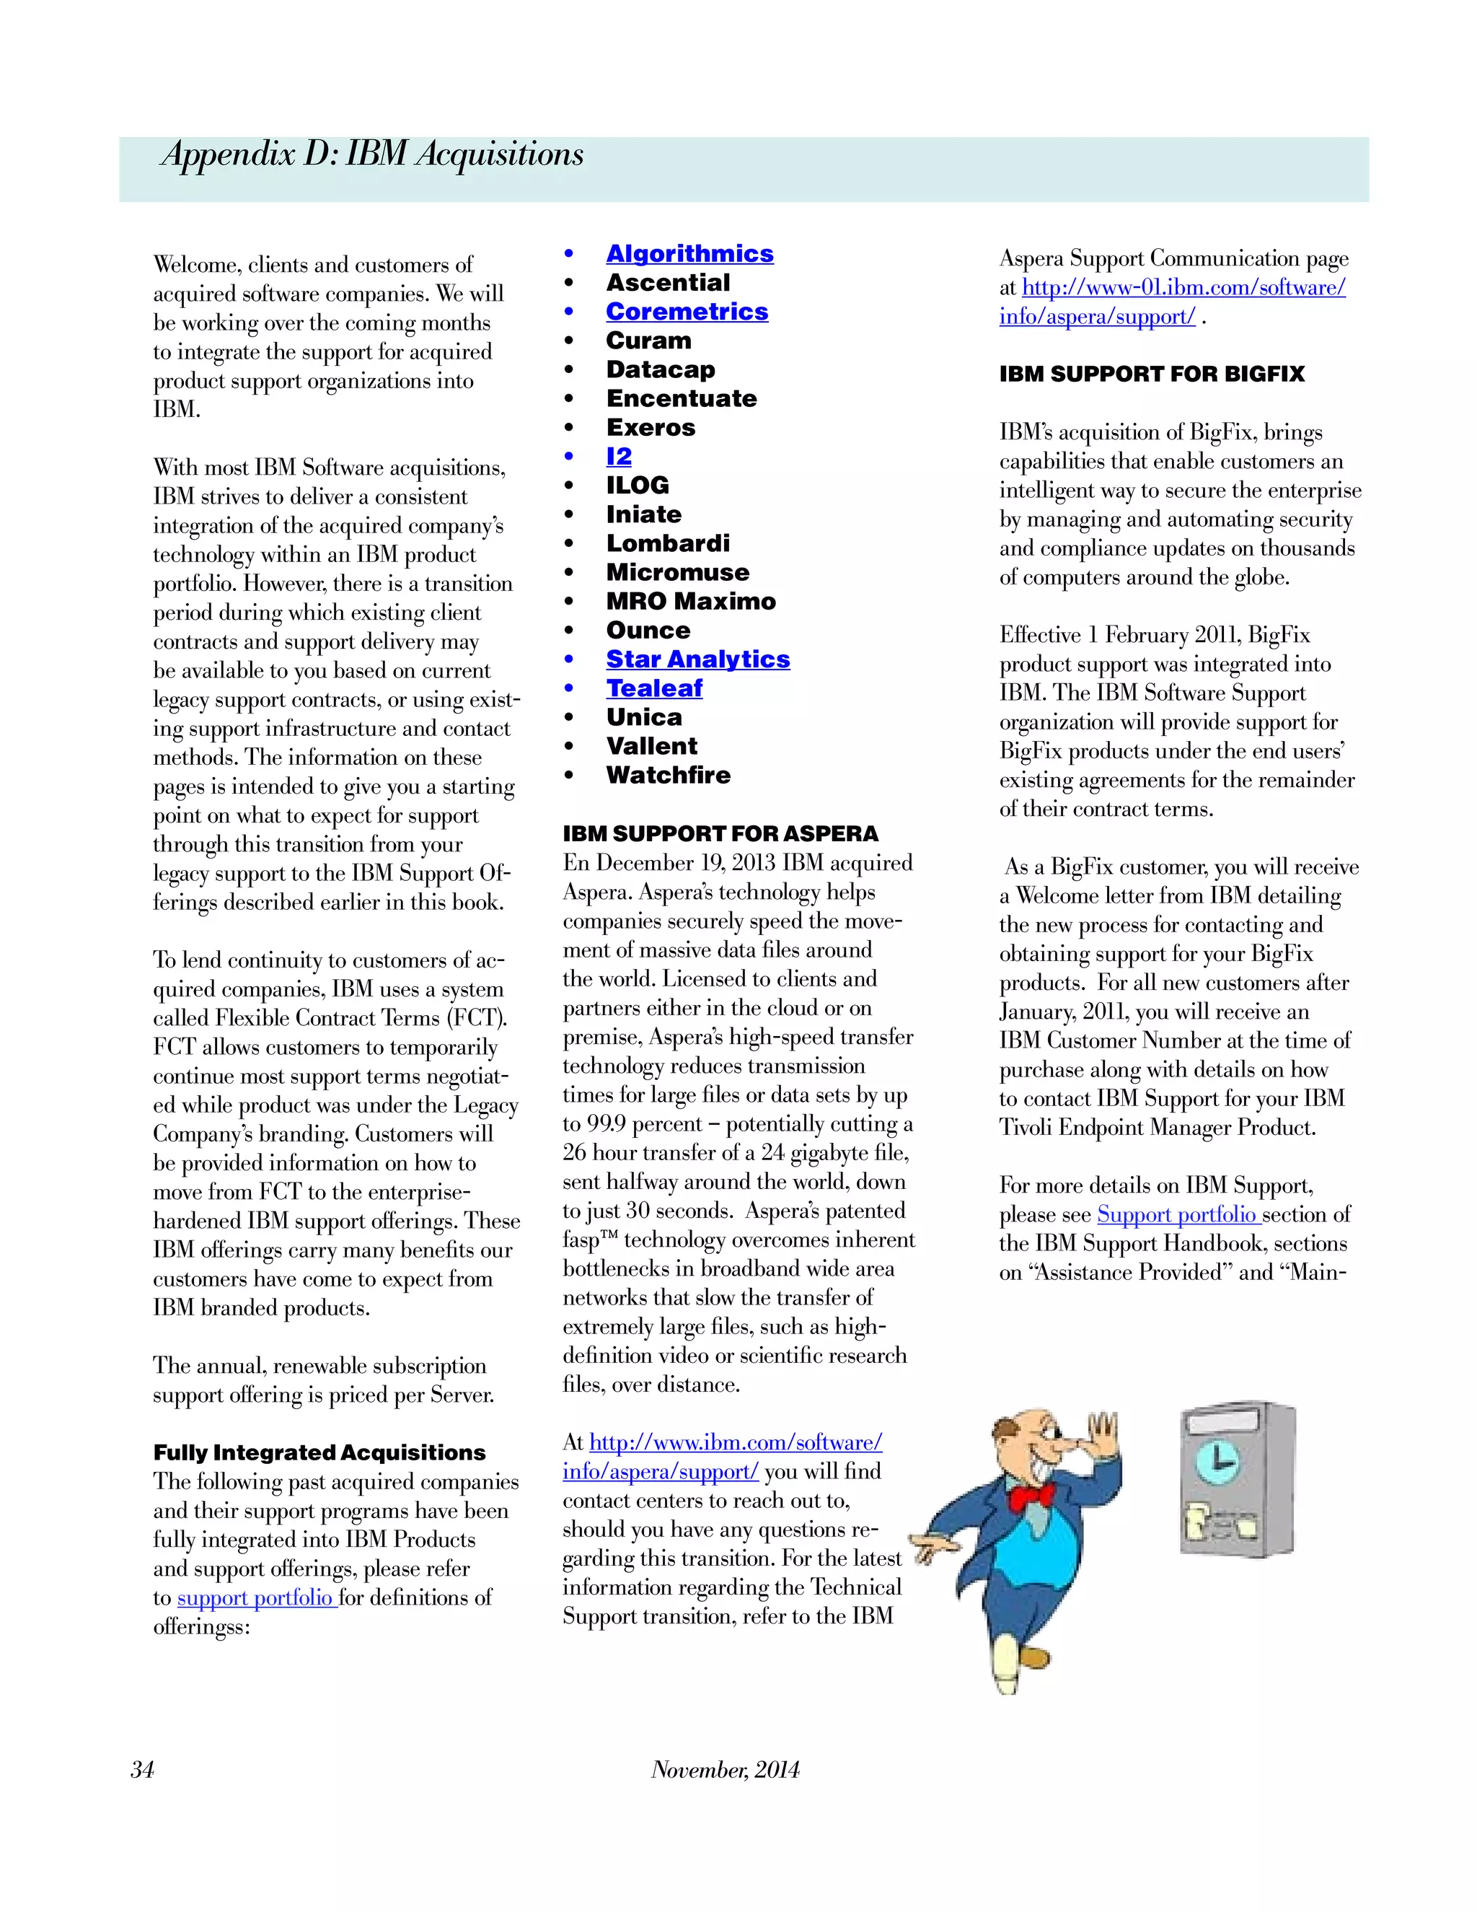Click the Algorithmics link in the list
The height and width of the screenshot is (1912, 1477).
point(689,254)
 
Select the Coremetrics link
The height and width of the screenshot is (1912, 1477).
point(687,312)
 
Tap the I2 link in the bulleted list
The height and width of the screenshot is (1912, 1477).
point(619,456)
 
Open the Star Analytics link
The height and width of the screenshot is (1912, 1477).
point(697,659)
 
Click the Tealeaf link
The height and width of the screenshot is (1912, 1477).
point(653,688)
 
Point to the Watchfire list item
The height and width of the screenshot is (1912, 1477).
point(668,775)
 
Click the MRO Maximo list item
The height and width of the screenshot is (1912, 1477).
point(690,602)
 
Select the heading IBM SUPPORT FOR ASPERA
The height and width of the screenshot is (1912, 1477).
point(720,833)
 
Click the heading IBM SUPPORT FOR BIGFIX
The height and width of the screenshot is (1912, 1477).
point(1152,374)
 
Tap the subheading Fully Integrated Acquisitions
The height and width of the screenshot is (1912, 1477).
point(319,1452)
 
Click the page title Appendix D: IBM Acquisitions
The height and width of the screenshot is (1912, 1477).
point(373,154)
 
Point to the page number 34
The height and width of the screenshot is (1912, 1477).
point(143,1769)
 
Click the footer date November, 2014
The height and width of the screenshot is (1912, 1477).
point(726,1769)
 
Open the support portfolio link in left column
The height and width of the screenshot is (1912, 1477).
point(255,1597)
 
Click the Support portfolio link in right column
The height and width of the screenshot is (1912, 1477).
point(1177,1214)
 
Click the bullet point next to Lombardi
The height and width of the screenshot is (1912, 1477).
point(569,544)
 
